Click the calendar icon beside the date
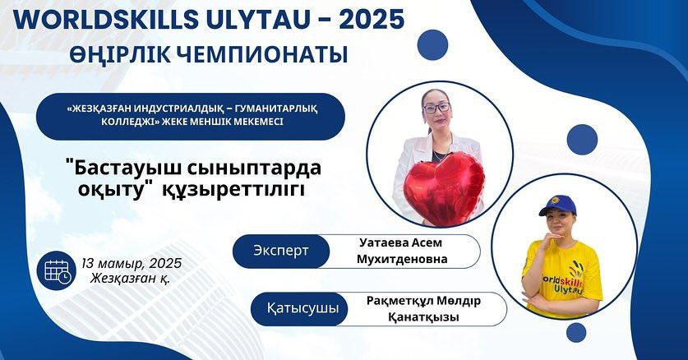57,270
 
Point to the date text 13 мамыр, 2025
132,263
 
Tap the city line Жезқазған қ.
131,278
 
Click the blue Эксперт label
281,251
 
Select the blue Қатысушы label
302,308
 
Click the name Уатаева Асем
400,242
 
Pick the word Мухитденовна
402,259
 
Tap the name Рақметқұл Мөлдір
423,301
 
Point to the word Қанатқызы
423,316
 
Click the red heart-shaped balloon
443,188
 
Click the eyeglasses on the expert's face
436,108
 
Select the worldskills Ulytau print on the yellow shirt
563,283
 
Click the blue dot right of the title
432,44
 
